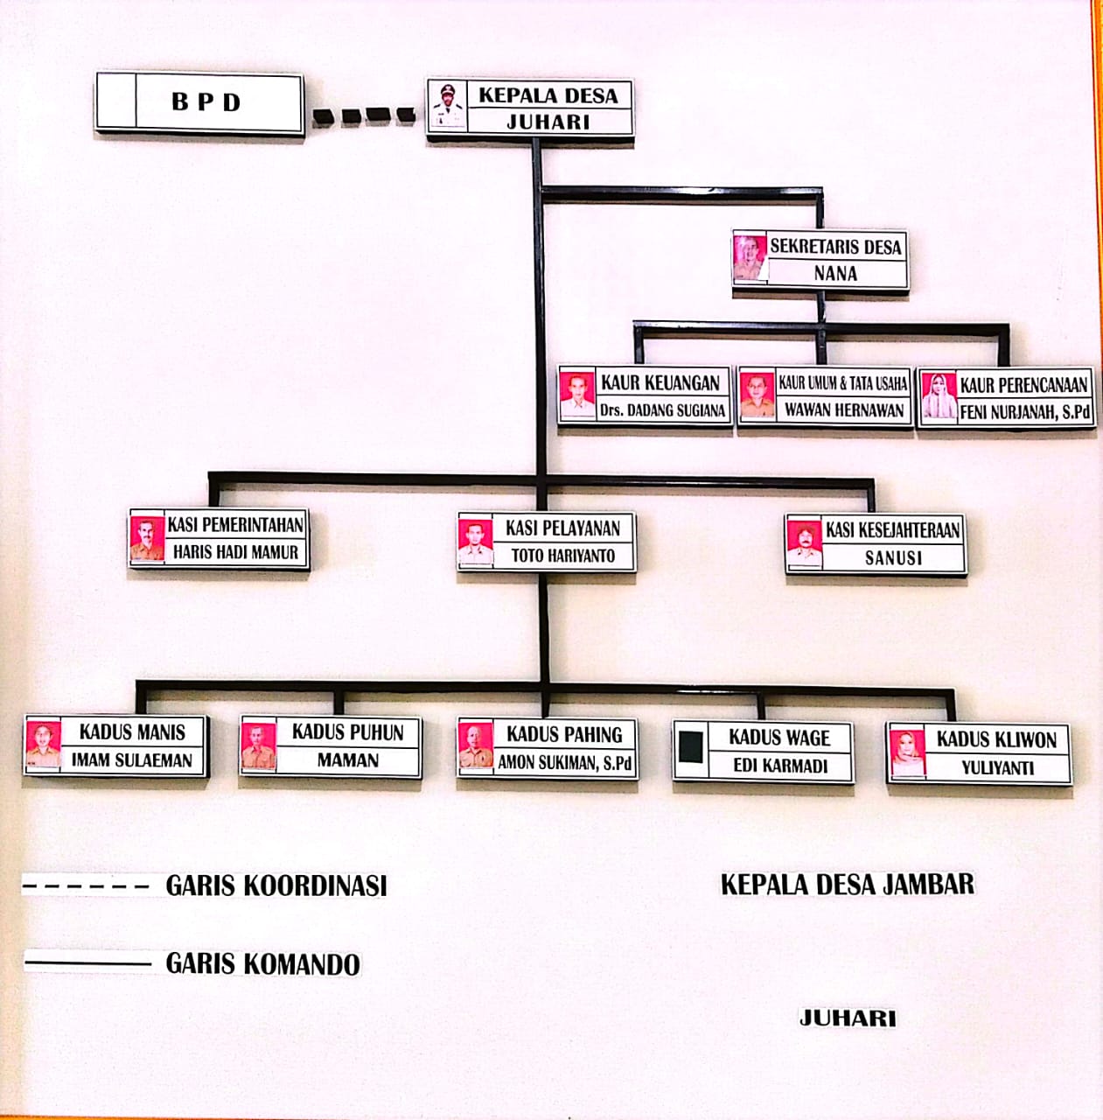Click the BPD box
point(199,103)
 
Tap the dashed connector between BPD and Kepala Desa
point(364,115)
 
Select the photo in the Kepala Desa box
point(448,107)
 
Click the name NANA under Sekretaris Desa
point(835,273)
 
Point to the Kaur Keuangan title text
point(660,382)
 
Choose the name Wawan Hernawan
point(843,409)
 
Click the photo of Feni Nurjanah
point(939,397)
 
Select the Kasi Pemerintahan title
point(235,525)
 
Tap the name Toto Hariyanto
point(562,555)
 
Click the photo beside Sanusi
point(804,544)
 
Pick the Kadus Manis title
point(132,731)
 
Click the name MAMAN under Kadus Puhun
point(347,760)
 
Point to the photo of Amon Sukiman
point(475,747)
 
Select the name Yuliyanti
point(997,767)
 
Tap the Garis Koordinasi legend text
point(276,885)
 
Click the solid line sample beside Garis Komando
point(87,963)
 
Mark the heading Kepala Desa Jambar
point(847,884)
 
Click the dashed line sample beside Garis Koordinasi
point(86,886)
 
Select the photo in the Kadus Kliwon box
point(907,752)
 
